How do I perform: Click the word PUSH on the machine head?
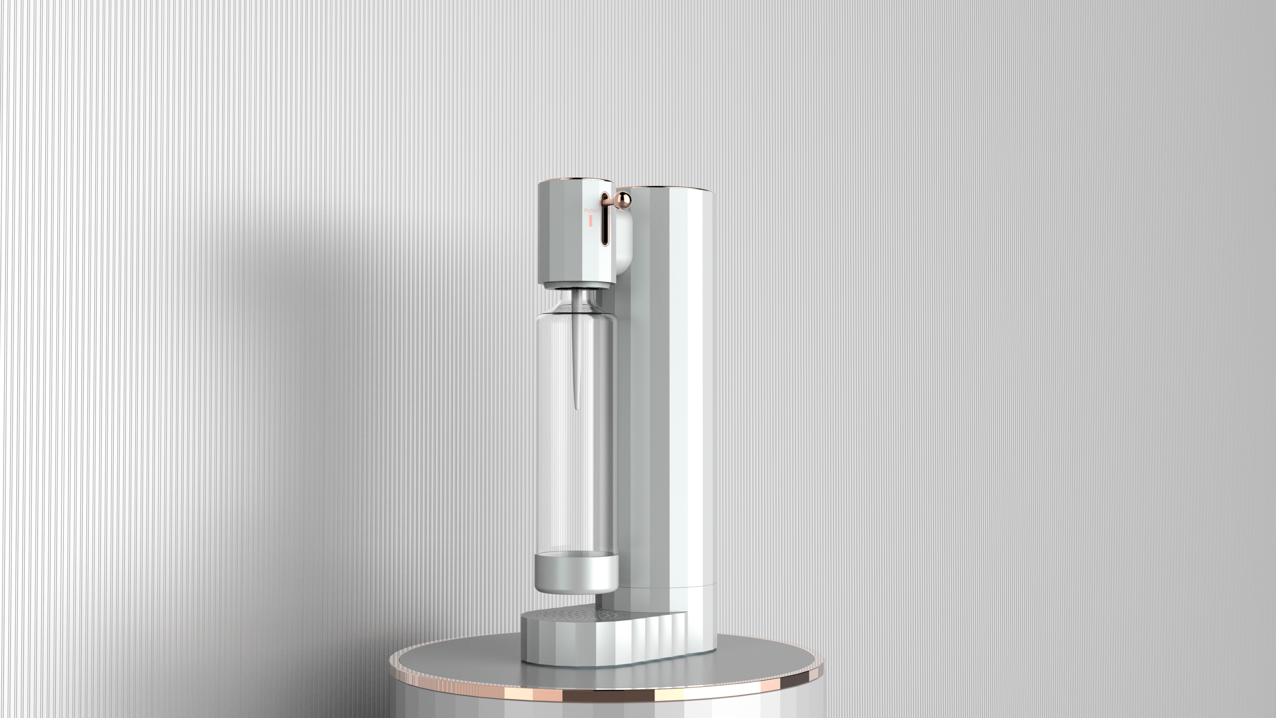(x=590, y=211)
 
